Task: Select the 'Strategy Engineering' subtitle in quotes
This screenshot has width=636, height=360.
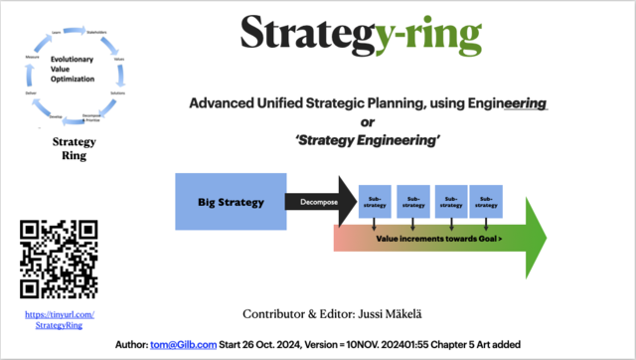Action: pos(368,141)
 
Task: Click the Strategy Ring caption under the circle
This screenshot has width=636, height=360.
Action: pos(74,148)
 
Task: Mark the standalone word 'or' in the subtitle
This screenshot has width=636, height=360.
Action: pos(368,122)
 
